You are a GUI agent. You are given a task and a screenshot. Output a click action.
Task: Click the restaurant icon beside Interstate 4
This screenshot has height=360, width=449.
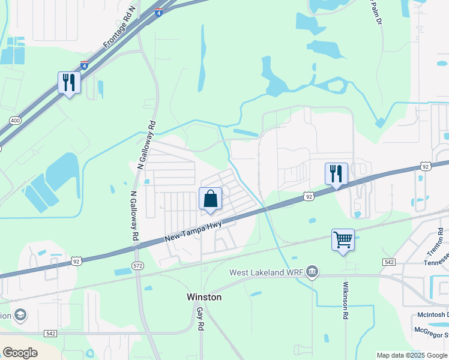tap(69, 82)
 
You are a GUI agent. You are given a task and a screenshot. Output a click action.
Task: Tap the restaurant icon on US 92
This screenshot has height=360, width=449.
tap(336, 173)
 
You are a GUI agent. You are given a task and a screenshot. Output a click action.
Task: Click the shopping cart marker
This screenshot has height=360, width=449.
tap(343, 239)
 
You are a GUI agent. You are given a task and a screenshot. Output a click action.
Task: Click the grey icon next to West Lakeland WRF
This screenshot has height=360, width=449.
tap(312, 272)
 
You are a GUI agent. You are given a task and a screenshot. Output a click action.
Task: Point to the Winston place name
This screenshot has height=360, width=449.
tap(204, 297)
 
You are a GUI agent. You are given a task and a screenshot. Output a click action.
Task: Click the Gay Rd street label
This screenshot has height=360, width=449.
tap(200, 319)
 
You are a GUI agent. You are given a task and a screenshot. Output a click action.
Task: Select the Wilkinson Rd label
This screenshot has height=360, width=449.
tap(346, 302)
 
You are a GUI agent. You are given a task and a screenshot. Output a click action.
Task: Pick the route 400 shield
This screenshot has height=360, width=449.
tap(14, 121)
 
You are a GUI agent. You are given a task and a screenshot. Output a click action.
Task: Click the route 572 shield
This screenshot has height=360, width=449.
tap(137, 265)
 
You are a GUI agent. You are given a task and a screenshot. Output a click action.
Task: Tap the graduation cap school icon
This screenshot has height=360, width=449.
tap(20, 316)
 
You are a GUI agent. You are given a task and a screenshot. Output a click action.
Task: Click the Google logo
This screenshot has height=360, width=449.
tap(20, 353)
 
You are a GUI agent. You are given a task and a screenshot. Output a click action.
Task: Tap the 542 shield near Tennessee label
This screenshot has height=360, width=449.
tap(388, 262)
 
